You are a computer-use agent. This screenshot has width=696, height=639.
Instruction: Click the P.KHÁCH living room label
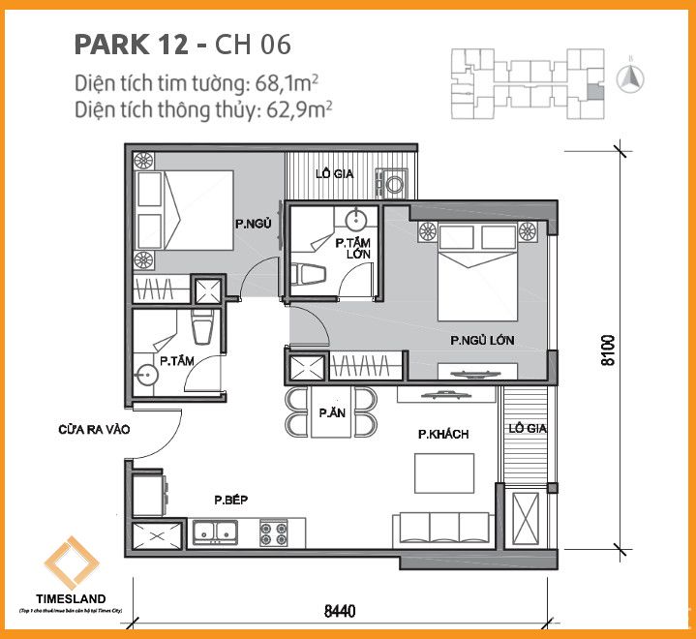tap(443, 435)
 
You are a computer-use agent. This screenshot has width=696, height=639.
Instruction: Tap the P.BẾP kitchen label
tap(232, 500)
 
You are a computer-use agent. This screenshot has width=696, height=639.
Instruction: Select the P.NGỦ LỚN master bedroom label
tap(481, 341)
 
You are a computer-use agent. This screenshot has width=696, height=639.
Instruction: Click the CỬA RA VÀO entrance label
tap(94, 428)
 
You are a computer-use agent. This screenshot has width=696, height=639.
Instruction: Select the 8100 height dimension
tap(608, 350)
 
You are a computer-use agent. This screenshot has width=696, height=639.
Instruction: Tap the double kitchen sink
tap(217, 531)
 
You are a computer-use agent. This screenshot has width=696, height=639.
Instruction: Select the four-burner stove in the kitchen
tap(274, 531)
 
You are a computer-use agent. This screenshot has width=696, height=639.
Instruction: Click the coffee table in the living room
tap(442, 473)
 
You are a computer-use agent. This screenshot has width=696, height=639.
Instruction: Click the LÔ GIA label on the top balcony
tap(334, 175)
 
